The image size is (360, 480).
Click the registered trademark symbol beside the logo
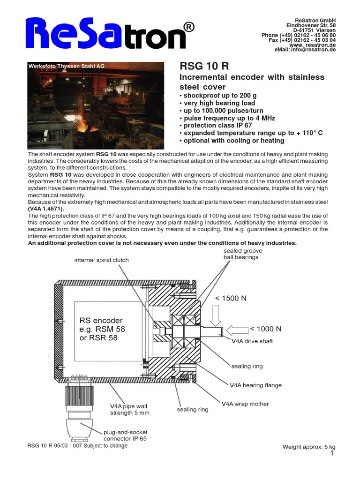(x=187, y=28)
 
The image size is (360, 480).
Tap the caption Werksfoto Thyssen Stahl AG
(x=67, y=67)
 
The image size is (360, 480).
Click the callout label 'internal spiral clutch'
(x=101, y=260)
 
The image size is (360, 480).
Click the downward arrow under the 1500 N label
(x=216, y=315)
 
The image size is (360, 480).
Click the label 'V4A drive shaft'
(x=252, y=341)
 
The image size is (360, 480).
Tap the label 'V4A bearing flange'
(x=255, y=385)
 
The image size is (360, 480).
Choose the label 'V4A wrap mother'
(x=245, y=403)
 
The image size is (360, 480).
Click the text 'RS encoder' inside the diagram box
(x=101, y=321)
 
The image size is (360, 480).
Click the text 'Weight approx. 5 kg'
(x=308, y=447)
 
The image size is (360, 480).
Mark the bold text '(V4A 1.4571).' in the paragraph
(x=45, y=209)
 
